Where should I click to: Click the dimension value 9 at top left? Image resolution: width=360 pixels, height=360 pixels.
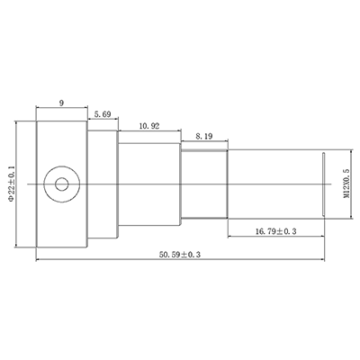[x=60, y=103]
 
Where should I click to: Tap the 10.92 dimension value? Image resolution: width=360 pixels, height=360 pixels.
[x=148, y=126]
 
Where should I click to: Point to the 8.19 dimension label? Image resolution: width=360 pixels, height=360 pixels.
[x=202, y=136]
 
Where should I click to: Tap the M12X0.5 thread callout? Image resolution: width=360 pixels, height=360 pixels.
[x=345, y=184]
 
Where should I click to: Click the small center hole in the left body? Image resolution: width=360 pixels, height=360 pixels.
[x=61, y=184]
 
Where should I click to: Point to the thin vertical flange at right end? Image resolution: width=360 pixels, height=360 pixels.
[x=324, y=184]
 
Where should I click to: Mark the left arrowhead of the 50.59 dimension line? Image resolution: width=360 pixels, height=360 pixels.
[x=38, y=263]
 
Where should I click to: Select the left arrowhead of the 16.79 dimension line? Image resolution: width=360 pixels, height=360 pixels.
[x=227, y=238]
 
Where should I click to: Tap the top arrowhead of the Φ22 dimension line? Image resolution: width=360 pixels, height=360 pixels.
[x=20, y=126]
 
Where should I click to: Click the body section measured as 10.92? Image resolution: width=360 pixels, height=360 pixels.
[x=148, y=184]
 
